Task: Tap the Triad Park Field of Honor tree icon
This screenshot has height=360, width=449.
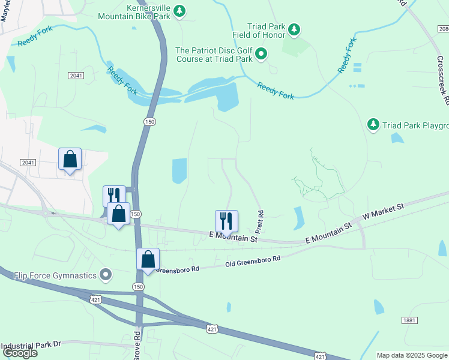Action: coord(294,29)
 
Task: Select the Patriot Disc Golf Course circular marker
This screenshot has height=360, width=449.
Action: coord(261,55)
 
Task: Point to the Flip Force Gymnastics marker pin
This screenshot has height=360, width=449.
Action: coord(106,275)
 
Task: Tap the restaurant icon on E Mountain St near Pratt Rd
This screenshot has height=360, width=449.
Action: coord(226,220)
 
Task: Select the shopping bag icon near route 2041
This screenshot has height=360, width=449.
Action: coord(70,159)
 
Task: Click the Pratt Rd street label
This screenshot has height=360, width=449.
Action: coord(260,222)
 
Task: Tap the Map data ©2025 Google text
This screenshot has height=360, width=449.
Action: coord(412,355)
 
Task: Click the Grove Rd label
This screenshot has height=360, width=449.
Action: coord(136,346)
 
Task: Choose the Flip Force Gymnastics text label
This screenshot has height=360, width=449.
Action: coord(55,275)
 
